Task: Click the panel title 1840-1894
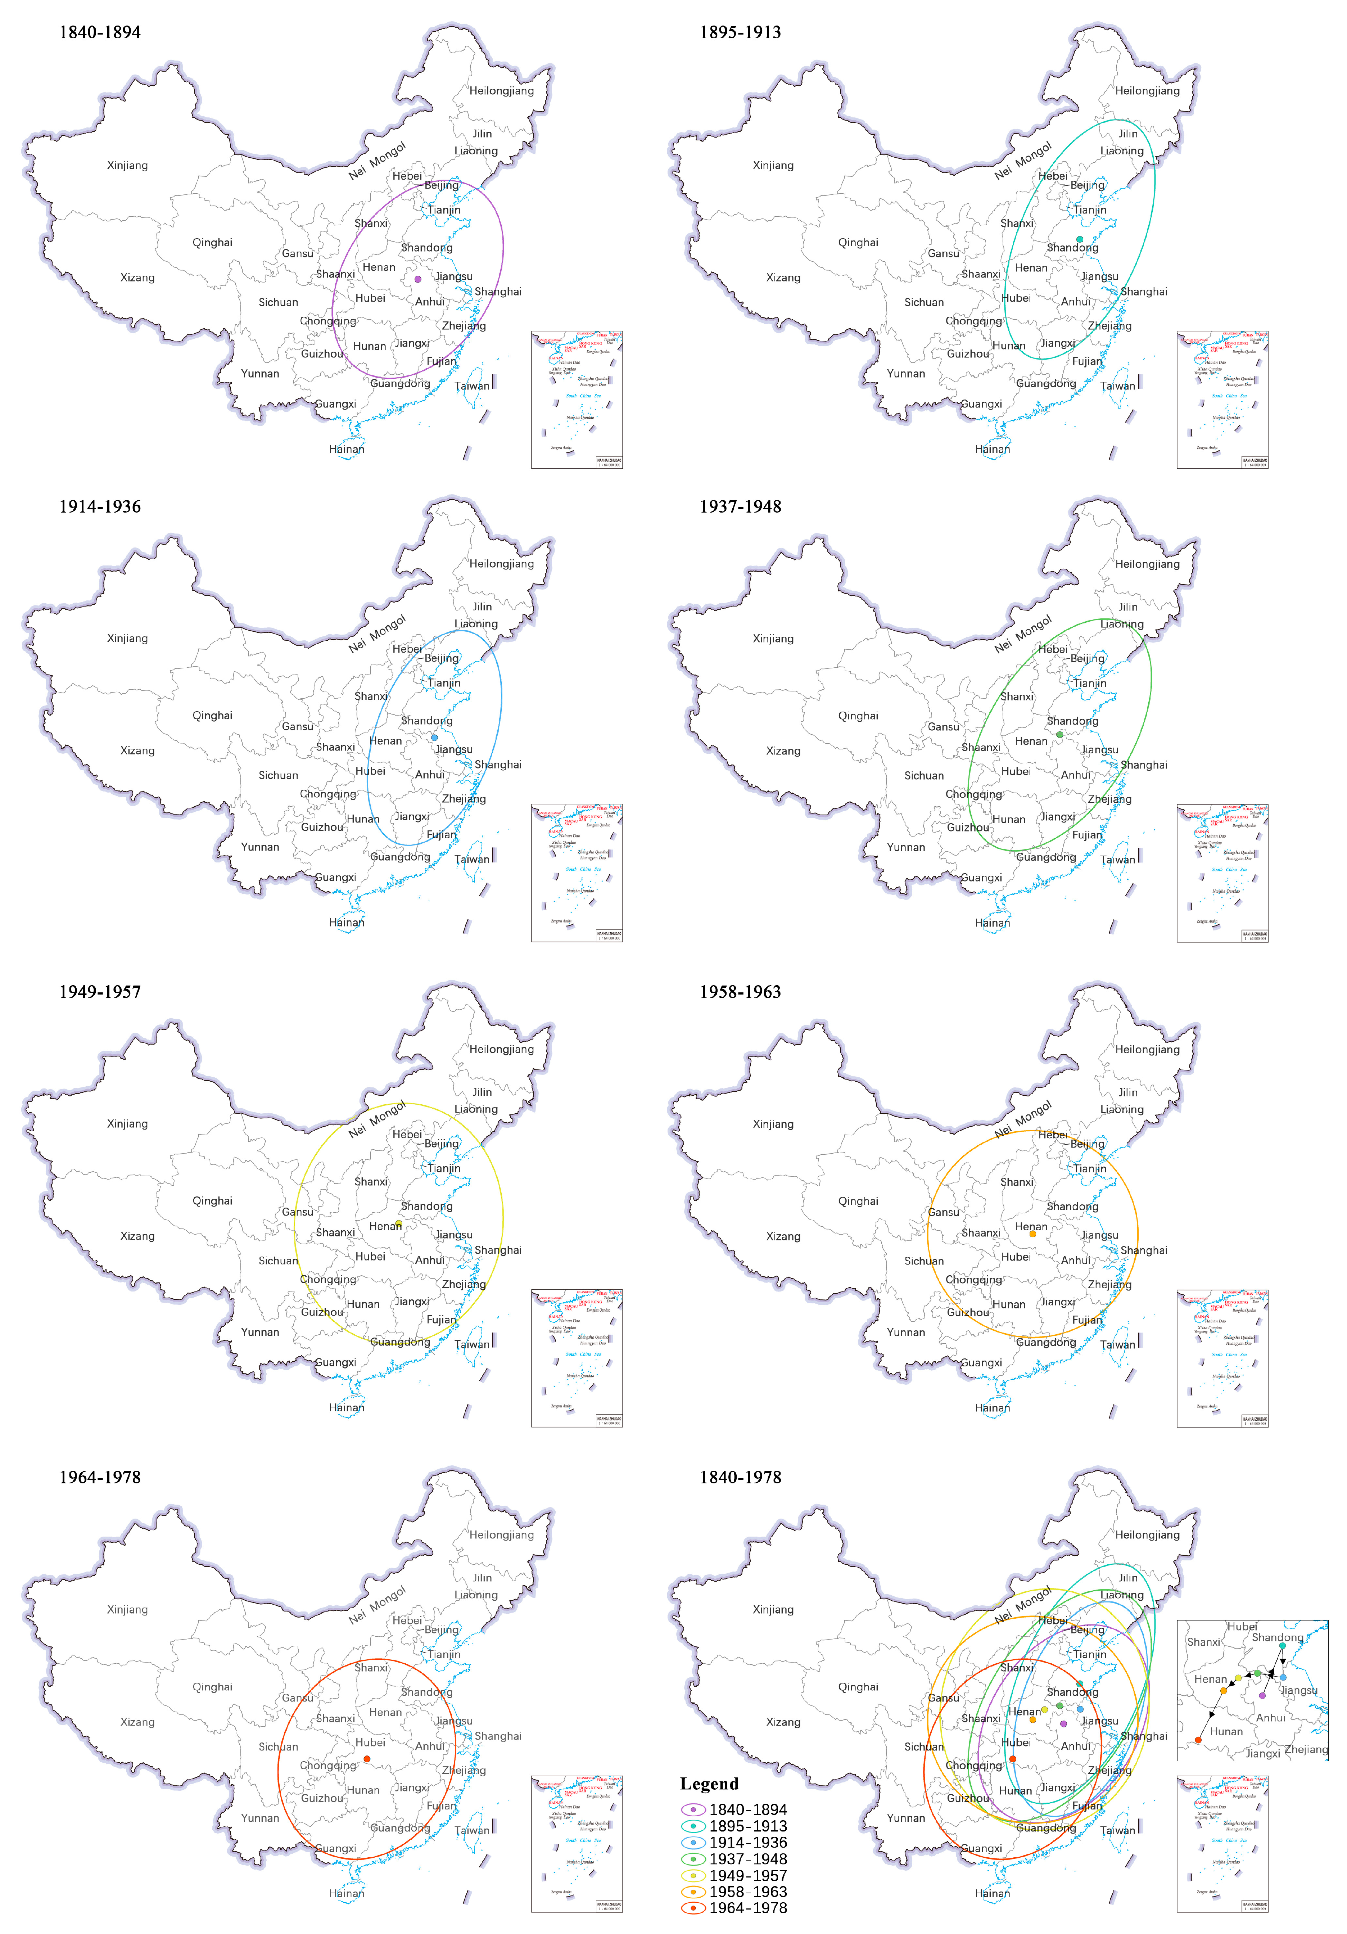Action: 99,32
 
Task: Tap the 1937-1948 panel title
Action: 740,506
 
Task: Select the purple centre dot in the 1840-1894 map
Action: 418,279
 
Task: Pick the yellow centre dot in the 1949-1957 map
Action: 398,1223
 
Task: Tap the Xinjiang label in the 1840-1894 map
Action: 127,165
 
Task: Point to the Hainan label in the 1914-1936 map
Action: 346,922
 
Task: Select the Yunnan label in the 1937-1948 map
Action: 905,847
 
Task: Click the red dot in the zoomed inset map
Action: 1198,1739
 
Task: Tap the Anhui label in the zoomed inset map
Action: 1270,1718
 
